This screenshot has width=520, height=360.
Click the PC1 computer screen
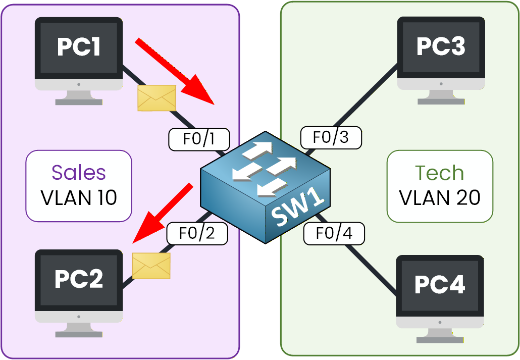click(x=79, y=47)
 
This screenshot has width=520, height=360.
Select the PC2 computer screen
click(x=79, y=279)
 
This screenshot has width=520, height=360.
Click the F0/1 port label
click(x=199, y=139)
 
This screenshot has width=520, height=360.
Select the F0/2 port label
click(x=197, y=233)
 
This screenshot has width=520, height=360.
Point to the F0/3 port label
click(x=331, y=138)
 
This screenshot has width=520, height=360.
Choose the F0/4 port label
click(x=334, y=233)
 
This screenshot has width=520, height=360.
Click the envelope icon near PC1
click(x=157, y=97)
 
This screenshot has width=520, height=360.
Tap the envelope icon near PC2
click(x=151, y=266)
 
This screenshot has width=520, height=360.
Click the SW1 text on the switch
click(x=297, y=208)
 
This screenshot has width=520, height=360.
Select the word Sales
click(x=79, y=173)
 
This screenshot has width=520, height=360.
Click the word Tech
click(x=439, y=173)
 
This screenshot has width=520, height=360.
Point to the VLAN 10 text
click(x=79, y=197)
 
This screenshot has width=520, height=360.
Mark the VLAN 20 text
click(x=439, y=198)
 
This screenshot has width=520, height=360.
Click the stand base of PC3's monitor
click(x=440, y=101)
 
